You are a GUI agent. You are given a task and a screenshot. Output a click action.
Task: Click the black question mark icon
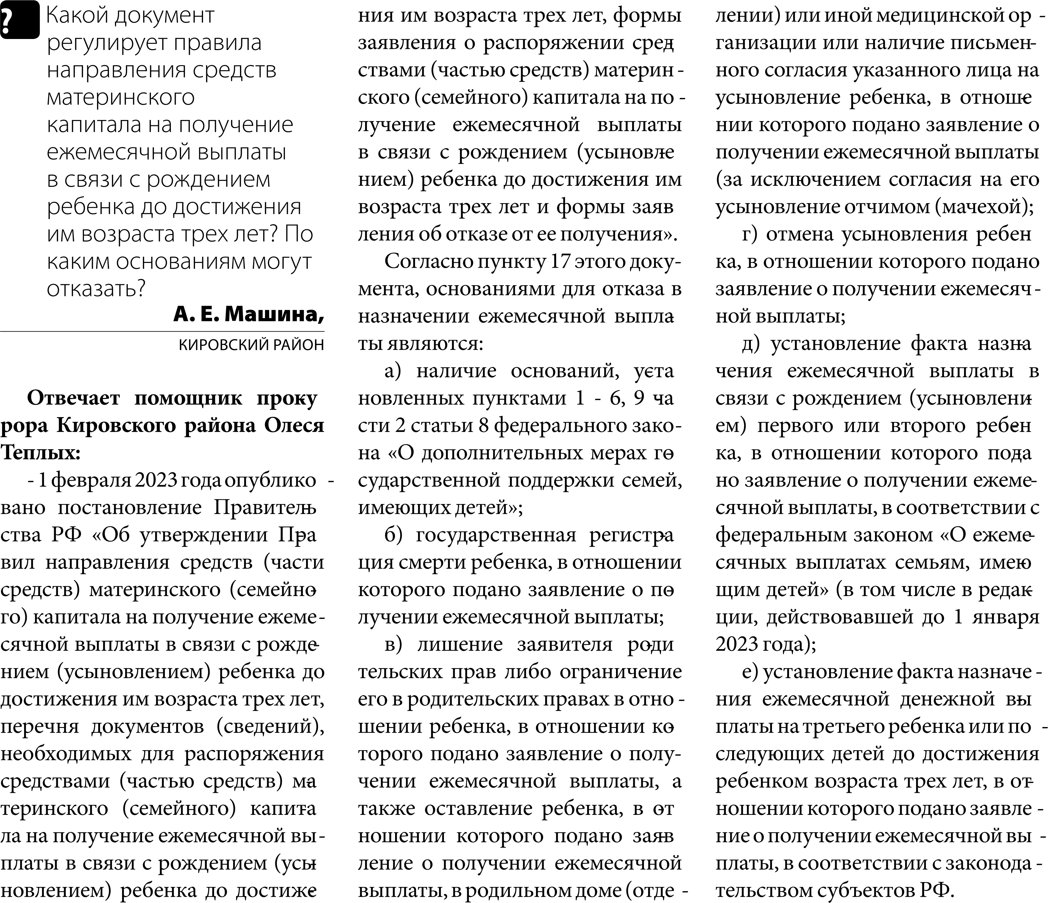(x=19, y=20)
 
